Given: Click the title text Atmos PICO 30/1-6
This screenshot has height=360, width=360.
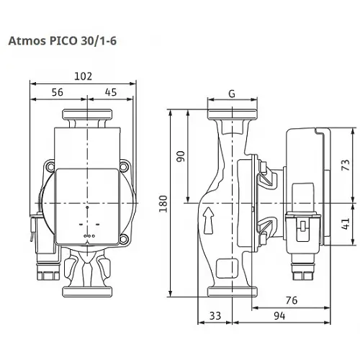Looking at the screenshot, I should tap(63, 42).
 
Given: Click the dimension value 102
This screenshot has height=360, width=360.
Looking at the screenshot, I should tap(85, 76).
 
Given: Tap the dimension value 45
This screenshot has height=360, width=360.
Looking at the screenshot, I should tap(111, 91).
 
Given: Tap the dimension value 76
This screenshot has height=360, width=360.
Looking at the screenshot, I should tap(290, 300).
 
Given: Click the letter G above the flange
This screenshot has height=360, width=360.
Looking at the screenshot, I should tap(230, 94).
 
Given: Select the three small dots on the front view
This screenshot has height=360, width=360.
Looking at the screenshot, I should tap(89, 235).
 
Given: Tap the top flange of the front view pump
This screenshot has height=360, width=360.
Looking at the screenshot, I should tap(88, 115).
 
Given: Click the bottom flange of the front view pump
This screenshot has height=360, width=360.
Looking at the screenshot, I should tap(88, 291).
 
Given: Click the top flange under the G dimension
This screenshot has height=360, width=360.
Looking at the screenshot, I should tap(230, 115).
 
